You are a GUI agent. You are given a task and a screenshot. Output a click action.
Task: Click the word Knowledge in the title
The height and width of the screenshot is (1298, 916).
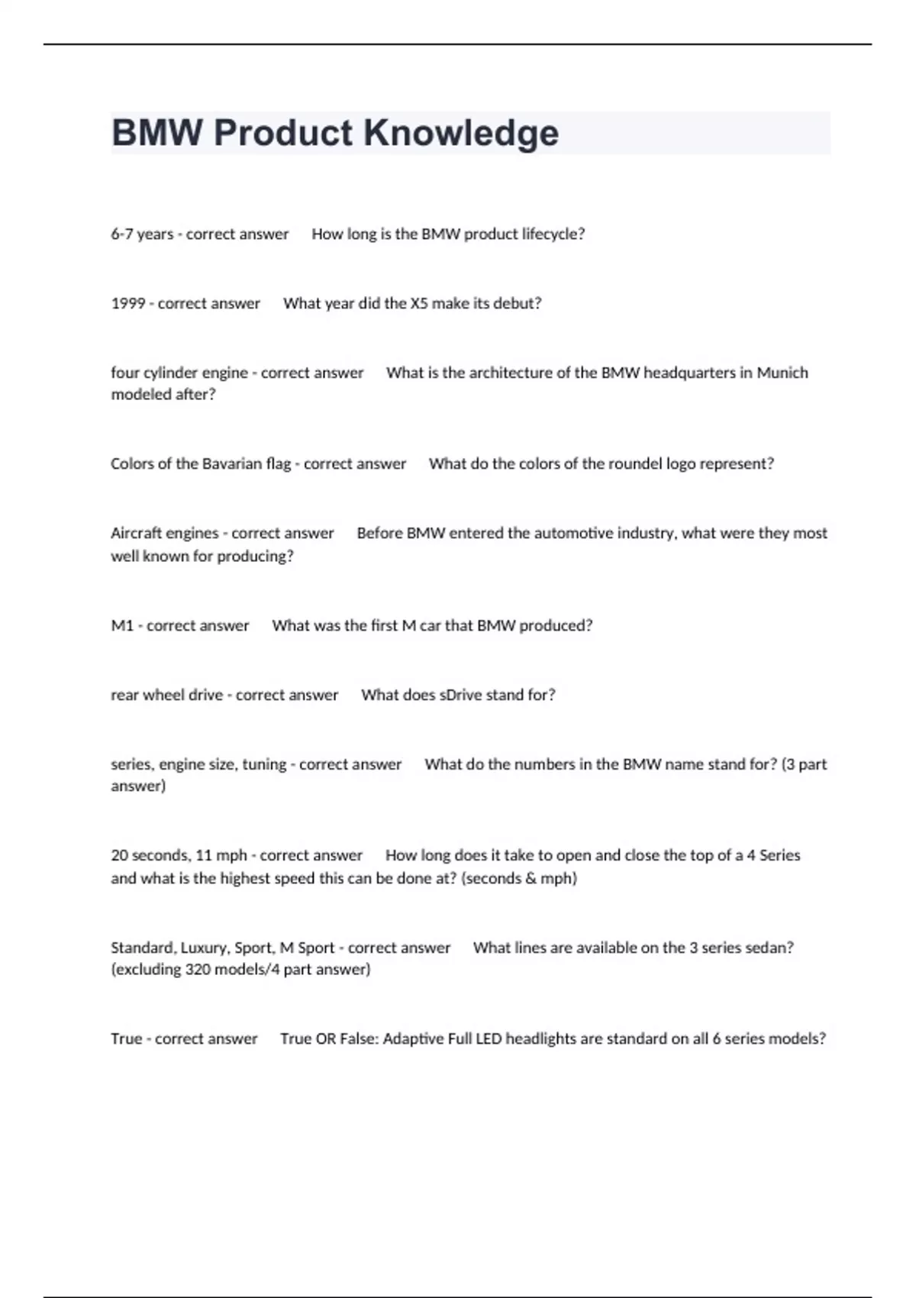click(x=461, y=134)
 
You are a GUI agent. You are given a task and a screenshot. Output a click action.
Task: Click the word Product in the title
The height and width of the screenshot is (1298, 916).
click(x=282, y=134)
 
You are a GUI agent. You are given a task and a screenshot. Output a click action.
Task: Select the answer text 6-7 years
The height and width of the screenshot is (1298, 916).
click(x=142, y=234)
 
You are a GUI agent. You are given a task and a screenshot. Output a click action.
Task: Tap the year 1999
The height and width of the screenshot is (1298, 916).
click(x=127, y=304)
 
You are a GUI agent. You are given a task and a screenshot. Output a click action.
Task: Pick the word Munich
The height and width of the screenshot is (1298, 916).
click(x=782, y=373)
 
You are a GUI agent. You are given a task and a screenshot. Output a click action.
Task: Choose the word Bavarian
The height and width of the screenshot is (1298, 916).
click(x=232, y=464)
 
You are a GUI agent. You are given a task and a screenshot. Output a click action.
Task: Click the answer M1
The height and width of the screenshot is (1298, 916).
click(x=122, y=626)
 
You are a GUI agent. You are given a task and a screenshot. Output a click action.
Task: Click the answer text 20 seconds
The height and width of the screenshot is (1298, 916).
click(x=150, y=856)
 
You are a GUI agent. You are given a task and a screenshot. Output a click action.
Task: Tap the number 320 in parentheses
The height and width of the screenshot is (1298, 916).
click(x=198, y=970)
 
